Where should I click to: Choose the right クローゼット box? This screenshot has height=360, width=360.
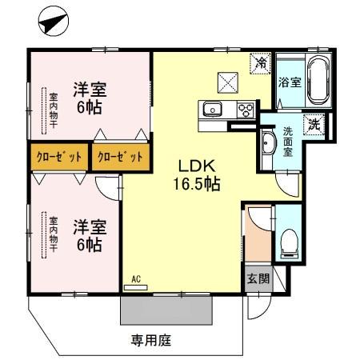pyautogui.click(x=120, y=157)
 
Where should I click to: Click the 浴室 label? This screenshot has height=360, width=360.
pyautogui.click(x=288, y=81)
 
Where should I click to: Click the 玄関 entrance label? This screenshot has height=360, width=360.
pyautogui.click(x=257, y=279)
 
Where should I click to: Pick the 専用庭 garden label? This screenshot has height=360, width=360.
pyautogui.click(x=152, y=339)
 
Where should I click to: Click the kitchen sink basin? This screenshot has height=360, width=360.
pyautogui.click(x=213, y=110)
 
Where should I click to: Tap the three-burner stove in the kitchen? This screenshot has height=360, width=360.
pyautogui.click(x=244, y=110)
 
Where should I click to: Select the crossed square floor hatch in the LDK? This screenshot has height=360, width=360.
pyautogui.click(x=227, y=81)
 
